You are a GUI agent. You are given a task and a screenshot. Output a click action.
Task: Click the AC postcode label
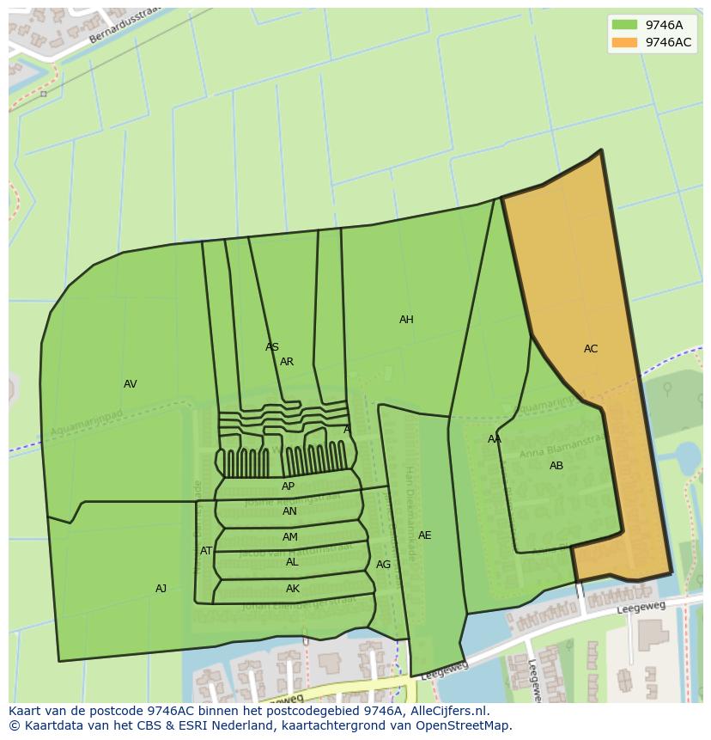tap(591, 349)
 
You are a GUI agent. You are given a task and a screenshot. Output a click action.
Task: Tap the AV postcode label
tap(131, 384)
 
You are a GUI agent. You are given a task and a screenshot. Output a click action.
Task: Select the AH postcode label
tap(406, 320)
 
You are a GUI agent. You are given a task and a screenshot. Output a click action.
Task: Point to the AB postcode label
tap(556, 466)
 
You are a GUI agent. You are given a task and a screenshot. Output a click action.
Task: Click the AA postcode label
tap(495, 439)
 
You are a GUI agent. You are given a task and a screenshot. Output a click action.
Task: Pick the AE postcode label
tap(424, 535)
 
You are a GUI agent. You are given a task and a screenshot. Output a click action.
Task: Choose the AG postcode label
tap(383, 565)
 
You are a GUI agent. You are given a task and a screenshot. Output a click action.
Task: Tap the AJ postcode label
tap(161, 589)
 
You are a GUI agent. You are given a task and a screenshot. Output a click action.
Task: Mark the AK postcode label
tap(293, 589)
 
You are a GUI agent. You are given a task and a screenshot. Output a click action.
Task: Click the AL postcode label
tap(292, 562)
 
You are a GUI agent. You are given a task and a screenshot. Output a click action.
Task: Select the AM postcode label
tap(290, 537)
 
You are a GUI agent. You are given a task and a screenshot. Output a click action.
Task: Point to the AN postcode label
tap(289, 511)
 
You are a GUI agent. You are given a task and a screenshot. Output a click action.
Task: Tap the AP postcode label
tap(289, 486)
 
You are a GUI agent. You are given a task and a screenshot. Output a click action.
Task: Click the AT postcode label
tap(206, 551)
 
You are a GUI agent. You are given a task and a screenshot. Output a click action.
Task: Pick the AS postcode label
tap(272, 347)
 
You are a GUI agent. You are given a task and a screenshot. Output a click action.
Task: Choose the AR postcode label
tap(287, 362)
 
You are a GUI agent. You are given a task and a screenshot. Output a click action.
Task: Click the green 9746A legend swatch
tap(624, 25)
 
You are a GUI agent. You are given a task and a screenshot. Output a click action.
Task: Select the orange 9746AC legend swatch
tap(624, 43)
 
